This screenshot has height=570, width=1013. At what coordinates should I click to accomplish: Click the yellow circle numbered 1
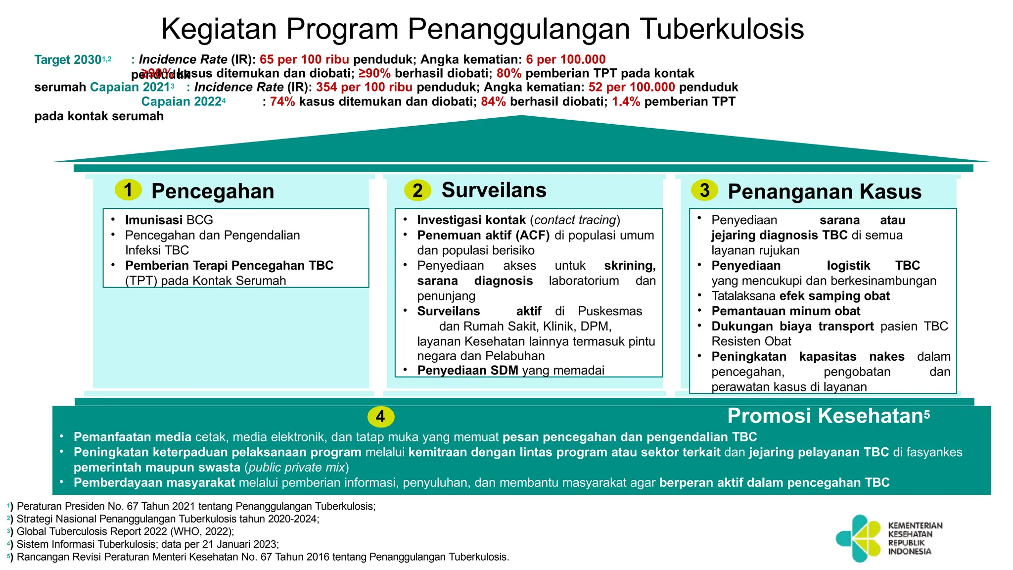point(128,190)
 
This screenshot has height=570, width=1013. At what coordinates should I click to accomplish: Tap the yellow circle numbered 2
point(417,190)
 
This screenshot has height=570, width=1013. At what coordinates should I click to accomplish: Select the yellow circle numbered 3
point(704,190)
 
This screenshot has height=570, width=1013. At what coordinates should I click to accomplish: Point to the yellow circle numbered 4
point(380,417)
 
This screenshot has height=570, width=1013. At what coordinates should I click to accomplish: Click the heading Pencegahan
point(213,191)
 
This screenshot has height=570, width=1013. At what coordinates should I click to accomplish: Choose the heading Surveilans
point(494,190)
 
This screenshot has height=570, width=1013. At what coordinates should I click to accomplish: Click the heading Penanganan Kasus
point(825,191)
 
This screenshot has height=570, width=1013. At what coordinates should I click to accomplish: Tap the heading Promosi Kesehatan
point(825,416)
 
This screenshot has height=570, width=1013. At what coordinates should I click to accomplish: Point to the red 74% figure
point(282,102)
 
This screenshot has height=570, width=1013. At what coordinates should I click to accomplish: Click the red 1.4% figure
point(626,102)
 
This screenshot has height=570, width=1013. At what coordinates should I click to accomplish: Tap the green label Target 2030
point(68,60)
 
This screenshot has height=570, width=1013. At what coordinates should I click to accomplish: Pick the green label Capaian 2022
point(181,102)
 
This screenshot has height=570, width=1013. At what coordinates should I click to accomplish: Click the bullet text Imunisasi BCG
point(169,220)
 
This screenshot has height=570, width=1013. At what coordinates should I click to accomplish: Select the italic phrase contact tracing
point(575,220)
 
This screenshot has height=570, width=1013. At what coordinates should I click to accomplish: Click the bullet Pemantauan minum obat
point(785,311)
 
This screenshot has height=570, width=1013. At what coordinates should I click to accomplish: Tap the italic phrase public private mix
point(296,468)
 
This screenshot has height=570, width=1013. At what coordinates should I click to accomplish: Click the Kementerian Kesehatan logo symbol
point(859,538)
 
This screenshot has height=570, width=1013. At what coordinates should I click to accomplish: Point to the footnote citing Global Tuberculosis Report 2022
point(125,532)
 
